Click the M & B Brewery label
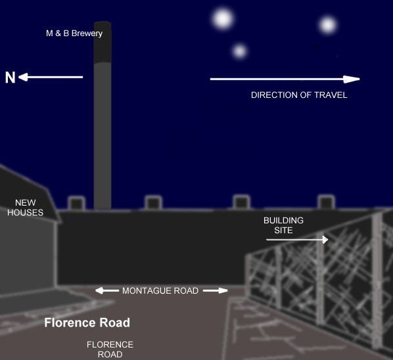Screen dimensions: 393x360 (74, 34)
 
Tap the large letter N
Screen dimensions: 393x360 (11, 78)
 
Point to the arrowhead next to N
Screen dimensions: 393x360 (23, 77)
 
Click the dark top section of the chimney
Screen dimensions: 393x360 (103, 42)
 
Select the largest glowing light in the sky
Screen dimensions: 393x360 (223, 19)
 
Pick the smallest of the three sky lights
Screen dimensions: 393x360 (240, 51)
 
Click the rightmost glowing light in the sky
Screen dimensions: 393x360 (328, 25)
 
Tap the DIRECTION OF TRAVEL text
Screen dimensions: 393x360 (299, 95)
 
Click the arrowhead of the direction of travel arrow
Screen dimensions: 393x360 (352, 79)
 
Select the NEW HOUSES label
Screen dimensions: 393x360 (26, 208)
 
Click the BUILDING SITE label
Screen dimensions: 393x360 (283, 225)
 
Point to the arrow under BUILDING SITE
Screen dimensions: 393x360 (297, 240)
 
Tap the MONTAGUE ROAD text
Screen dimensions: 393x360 (160, 290)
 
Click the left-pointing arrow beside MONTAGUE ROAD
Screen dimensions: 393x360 (107, 290)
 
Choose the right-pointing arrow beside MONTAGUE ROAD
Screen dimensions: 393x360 (216, 290)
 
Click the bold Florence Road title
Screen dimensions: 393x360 (87, 323)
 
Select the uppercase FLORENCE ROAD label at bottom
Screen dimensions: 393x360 (110, 349)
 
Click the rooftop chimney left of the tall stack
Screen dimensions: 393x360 (77, 203)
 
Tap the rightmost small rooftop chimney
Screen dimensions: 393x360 (327, 202)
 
